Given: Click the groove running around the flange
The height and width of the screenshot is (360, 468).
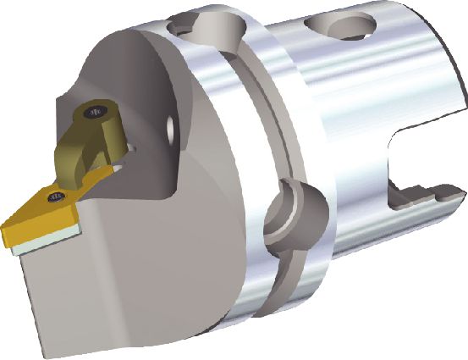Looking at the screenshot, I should pos(254,127).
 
